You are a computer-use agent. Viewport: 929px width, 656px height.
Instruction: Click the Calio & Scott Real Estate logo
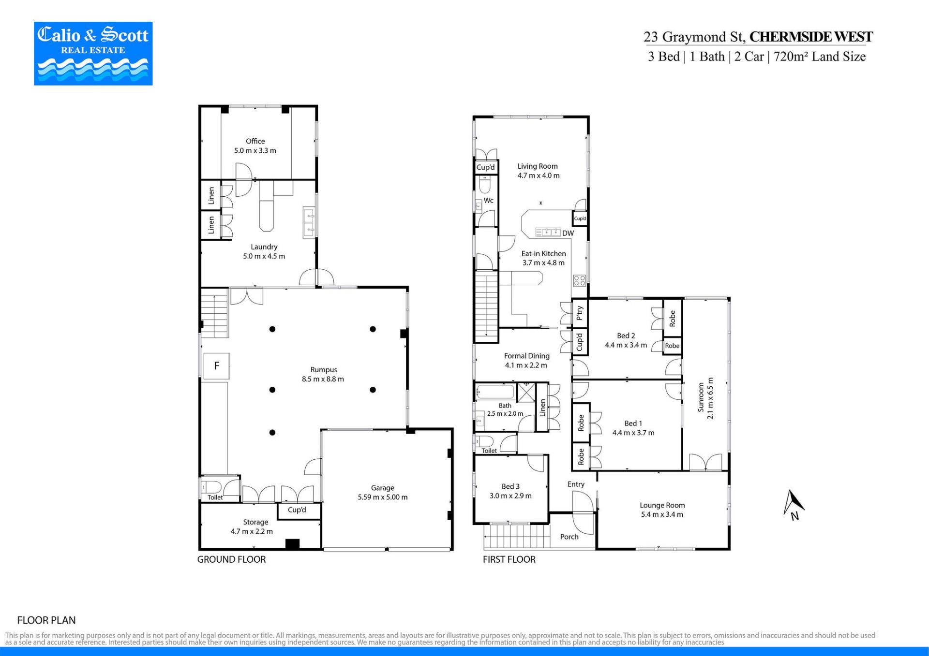point(93,54)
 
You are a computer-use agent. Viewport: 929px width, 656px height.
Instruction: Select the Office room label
point(255,141)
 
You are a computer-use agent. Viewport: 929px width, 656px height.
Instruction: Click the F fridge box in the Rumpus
point(216,366)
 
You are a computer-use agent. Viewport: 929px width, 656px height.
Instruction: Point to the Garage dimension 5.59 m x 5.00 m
point(383,497)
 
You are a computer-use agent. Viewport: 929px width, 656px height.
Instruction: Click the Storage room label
point(255,522)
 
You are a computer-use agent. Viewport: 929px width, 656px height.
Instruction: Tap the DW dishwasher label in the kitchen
point(568,233)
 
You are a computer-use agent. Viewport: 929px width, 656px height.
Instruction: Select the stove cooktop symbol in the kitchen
point(580,280)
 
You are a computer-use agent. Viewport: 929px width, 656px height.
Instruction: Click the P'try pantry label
point(580,313)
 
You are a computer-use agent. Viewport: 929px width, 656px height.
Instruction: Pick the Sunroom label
point(701,397)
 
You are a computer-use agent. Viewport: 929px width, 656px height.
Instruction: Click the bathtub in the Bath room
point(495,392)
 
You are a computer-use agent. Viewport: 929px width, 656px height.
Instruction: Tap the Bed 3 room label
point(510,486)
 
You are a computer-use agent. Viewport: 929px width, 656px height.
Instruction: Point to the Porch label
point(569,537)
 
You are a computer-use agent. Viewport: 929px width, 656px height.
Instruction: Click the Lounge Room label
point(662,505)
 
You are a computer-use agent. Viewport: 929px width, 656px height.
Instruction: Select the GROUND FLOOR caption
point(231,559)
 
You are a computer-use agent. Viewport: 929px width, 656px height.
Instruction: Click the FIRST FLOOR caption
point(509,559)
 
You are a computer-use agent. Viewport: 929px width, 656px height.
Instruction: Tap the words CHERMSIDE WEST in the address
point(811,37)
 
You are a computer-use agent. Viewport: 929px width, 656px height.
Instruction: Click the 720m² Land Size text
point(820,57)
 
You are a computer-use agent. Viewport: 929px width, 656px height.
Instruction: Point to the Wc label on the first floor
point(489,200)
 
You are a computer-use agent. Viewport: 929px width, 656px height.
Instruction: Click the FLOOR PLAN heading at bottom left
point(46,620)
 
